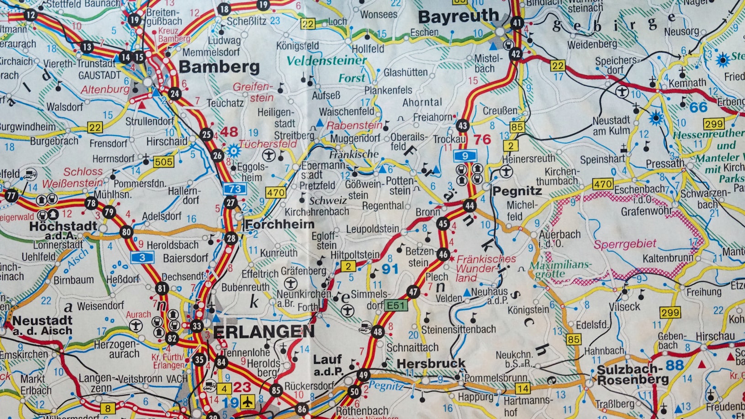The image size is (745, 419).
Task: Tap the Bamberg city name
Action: point(219,67)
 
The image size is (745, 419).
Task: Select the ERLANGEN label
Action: point(264,332)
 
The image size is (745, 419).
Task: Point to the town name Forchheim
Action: point(279,224)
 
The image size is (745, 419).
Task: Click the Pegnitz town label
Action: point(517,191)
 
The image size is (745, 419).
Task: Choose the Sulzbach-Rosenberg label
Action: point(633,374)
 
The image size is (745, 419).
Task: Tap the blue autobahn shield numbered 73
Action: point(235,189)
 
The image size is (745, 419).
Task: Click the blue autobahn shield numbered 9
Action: point(465,156)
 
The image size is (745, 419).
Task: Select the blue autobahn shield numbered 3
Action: point(142,257)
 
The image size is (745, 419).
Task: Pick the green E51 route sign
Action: point(396,305)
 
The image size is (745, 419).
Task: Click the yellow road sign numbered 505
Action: point(163,162)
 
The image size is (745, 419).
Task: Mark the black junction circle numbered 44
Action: point(469,206)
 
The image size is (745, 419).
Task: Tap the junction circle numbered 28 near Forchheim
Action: point(231,238)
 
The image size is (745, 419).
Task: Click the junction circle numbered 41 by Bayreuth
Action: point(517,23)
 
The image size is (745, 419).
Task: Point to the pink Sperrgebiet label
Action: point(624,244)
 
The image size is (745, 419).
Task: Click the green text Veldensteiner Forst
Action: point(327,68)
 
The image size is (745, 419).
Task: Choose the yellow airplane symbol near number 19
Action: point(247,402)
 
